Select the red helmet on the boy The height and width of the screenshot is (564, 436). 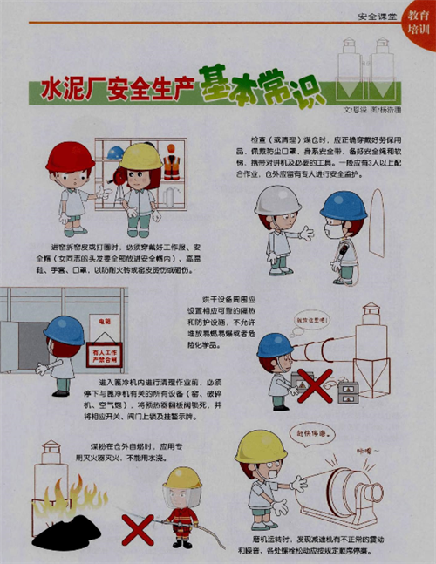pos(70,157)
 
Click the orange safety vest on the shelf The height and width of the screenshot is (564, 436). pos(172,165)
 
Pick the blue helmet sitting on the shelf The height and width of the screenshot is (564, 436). pos(115,153)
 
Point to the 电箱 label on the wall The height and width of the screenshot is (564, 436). pos(105,322)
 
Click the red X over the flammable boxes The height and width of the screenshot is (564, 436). pos(314,385)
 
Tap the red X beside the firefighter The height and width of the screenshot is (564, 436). pos(136,528)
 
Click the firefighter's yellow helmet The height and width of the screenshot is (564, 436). pos(182,478)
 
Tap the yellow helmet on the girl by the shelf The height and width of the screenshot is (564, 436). pos(140,156)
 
